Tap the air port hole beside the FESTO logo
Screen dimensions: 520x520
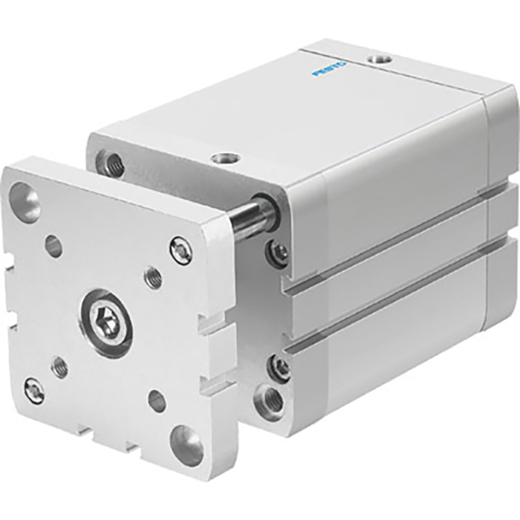380,57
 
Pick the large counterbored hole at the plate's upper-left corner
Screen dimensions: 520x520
24,201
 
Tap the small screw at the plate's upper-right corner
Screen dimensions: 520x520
181,250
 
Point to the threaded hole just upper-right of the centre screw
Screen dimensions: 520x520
153,278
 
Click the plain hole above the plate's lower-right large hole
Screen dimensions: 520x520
157,401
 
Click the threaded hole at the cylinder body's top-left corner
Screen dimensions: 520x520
113,163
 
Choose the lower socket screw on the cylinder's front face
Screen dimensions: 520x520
280,367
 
